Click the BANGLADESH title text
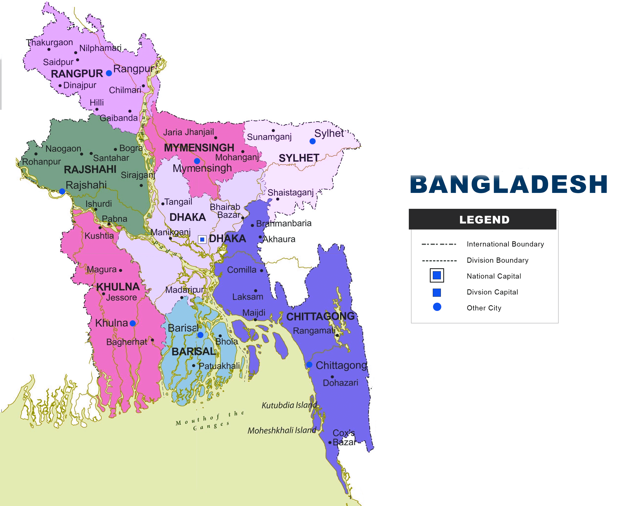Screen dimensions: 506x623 [508, 185]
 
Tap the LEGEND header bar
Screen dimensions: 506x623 [482, 219]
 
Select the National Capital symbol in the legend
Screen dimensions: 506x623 [436, 275]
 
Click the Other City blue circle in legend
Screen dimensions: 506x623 [437, 307]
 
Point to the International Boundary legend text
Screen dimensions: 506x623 [505, 244]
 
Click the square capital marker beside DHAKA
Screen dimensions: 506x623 [202, 239]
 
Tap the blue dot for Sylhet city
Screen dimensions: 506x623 [312, 141]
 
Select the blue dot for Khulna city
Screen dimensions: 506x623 [133, 323]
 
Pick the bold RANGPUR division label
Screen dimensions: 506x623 [77, 74]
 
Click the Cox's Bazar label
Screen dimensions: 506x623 [344, 437]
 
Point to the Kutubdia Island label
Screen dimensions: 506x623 [289, 405]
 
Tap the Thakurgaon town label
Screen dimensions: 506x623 [49, 43]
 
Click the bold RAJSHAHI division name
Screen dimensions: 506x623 [90, 169]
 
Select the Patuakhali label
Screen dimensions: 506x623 [219, 366]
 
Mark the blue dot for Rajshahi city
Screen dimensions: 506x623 [62, 191]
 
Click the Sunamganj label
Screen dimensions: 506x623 [269, 137]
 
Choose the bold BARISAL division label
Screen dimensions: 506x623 [193, 352]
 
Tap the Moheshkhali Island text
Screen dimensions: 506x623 [282, 430]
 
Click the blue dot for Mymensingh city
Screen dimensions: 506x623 [197, 161]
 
